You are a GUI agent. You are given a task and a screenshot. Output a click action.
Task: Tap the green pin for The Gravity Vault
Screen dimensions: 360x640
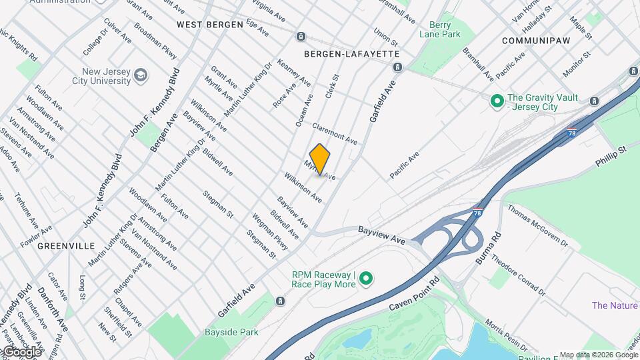(497, 101)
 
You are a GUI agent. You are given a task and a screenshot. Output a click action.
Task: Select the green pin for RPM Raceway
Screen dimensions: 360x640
(366, 279)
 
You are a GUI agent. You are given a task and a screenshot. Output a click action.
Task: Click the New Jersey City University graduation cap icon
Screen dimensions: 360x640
(141, 75)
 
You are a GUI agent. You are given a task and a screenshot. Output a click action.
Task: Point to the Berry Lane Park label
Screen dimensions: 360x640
(440, 29)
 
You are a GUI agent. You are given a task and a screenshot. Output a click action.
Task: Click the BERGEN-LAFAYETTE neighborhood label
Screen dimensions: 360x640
(351, 53)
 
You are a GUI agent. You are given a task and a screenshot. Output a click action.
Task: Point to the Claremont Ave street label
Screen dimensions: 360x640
(335, 134)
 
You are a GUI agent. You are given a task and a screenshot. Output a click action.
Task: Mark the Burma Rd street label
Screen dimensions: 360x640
(487, 247)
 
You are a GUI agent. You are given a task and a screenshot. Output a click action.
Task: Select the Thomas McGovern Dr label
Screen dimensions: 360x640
(537, 225)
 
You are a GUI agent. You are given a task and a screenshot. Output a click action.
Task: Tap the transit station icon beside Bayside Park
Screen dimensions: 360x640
(280, 301)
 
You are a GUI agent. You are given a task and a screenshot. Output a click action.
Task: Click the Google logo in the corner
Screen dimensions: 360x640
(21, 351)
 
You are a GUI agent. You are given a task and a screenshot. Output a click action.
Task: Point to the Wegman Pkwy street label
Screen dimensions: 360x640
(269, 231)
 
